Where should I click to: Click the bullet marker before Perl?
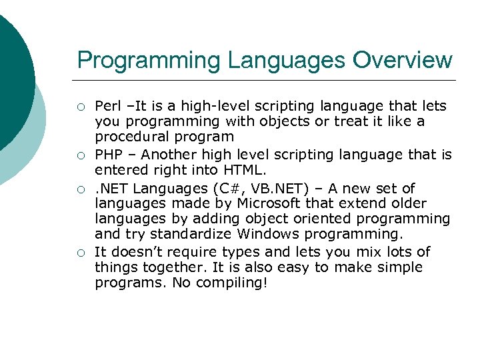pyautogui.click(x=80, y=107)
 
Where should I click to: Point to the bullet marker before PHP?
pyautogui.click(x=80, y=156)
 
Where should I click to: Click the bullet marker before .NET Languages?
pyautogui.click(x=80, y=189)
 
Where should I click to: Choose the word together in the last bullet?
pyautogui.click(x=160, y=268)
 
